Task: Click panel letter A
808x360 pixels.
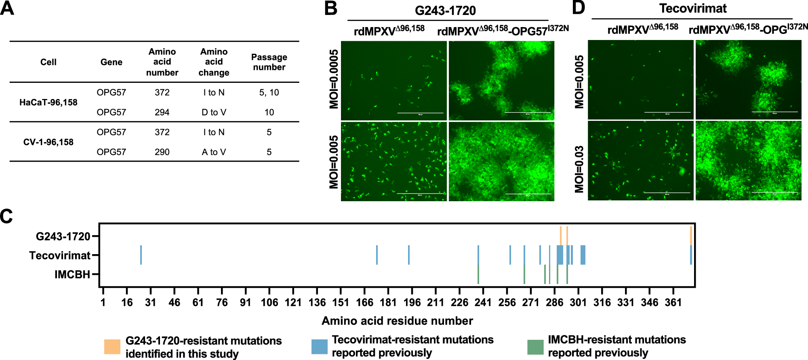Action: (x=7, y=8)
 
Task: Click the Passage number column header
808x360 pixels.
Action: (x=269, y=62)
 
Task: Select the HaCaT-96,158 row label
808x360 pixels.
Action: (x=48, y=102)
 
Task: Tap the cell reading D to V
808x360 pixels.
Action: (x=214, y=112)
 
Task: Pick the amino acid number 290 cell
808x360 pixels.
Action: (x=162, y=152)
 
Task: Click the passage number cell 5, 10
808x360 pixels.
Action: (x=269, y=93)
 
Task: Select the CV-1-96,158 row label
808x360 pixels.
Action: (x=48, y=142)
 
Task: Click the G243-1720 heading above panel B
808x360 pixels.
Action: (x=445, y=11)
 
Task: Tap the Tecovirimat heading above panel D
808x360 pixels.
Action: (x=693, y=8)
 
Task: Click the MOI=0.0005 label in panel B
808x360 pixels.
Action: (x=334, y=80)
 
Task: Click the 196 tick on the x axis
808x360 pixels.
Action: (x=412, y=302)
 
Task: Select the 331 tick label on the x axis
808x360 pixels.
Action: (x=626, y=302)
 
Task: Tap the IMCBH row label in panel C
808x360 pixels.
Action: (x=72, y=275)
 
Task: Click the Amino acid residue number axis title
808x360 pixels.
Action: (x=397, y=321)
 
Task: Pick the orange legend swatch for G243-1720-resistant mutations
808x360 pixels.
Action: (x=112, y=347)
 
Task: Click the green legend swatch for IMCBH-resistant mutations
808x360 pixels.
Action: (x=535, y=347)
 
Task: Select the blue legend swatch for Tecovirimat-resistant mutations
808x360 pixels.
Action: (x=319, y=347)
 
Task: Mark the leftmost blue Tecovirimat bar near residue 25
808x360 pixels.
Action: (x=141, y=255)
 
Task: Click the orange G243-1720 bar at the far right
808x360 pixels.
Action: (x=691, y=236)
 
